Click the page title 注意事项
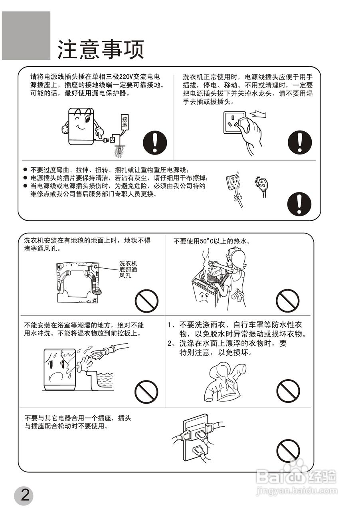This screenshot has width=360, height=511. pyautogui.click(x=101, y=50)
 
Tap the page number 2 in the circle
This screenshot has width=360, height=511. pyautogui.click(x=24, y=495)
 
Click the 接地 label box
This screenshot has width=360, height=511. pyautogui.click(x=125, y=122)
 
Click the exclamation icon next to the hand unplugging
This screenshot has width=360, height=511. pyautogui.click(x=300, y=143)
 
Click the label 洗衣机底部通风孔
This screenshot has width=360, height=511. pyautogui.click(x=128, y=270)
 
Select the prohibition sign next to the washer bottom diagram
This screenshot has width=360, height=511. pyautogui.click(x=146, y=301)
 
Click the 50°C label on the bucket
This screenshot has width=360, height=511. pyautogui.click(x=218, y=272)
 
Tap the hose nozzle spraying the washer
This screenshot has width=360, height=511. pyautogui.click(x=101, y=353)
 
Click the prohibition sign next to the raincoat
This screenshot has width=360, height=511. pyautogui.click(x=288, y=391)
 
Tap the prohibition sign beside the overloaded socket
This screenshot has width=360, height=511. pyautogui.click(x=288, y=451)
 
